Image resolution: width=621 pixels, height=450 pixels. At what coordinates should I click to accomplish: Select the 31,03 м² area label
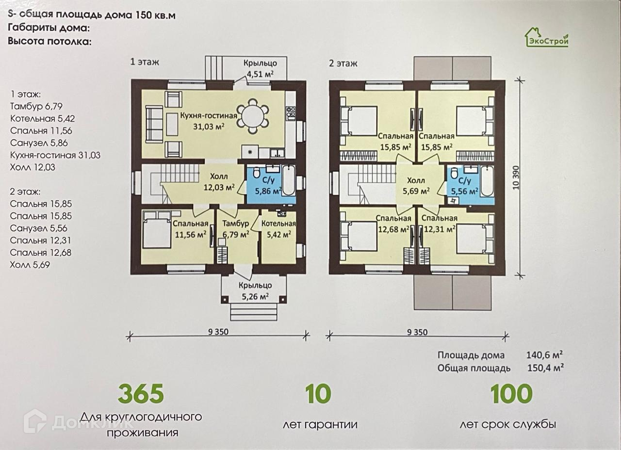(x=209, y=127)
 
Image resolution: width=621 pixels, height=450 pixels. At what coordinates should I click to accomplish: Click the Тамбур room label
(x=236, y=224)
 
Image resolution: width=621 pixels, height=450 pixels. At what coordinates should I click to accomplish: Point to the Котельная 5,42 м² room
(x=278, y=237)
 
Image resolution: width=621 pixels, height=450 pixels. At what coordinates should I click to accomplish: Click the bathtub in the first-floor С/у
(x=289, y=180)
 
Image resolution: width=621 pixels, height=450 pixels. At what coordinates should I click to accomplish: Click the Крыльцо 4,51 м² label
(x=260, y=68)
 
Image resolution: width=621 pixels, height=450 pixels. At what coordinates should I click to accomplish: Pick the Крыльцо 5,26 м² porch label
(x=255, y=291)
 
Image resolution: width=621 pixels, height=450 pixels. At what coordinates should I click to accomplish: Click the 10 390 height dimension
(x=515, y=177)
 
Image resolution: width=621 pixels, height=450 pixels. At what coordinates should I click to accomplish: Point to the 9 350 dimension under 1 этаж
(x=218, y=332)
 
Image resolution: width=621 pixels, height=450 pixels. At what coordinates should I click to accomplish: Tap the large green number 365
(x=141, y=394)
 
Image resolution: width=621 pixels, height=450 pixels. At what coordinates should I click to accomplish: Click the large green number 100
(x=511, y=394)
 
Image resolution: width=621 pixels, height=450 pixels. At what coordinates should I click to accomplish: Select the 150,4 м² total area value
(x=545, y=368)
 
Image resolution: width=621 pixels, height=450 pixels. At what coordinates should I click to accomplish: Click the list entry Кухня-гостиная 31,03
(x=55, y=155)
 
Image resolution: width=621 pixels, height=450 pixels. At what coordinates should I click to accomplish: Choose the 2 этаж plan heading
(x=343, y=64)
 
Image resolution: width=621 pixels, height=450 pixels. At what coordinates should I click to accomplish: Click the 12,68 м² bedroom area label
(x=393, y=229)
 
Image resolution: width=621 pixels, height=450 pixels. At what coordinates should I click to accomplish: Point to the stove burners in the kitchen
(x=290, y=112)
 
